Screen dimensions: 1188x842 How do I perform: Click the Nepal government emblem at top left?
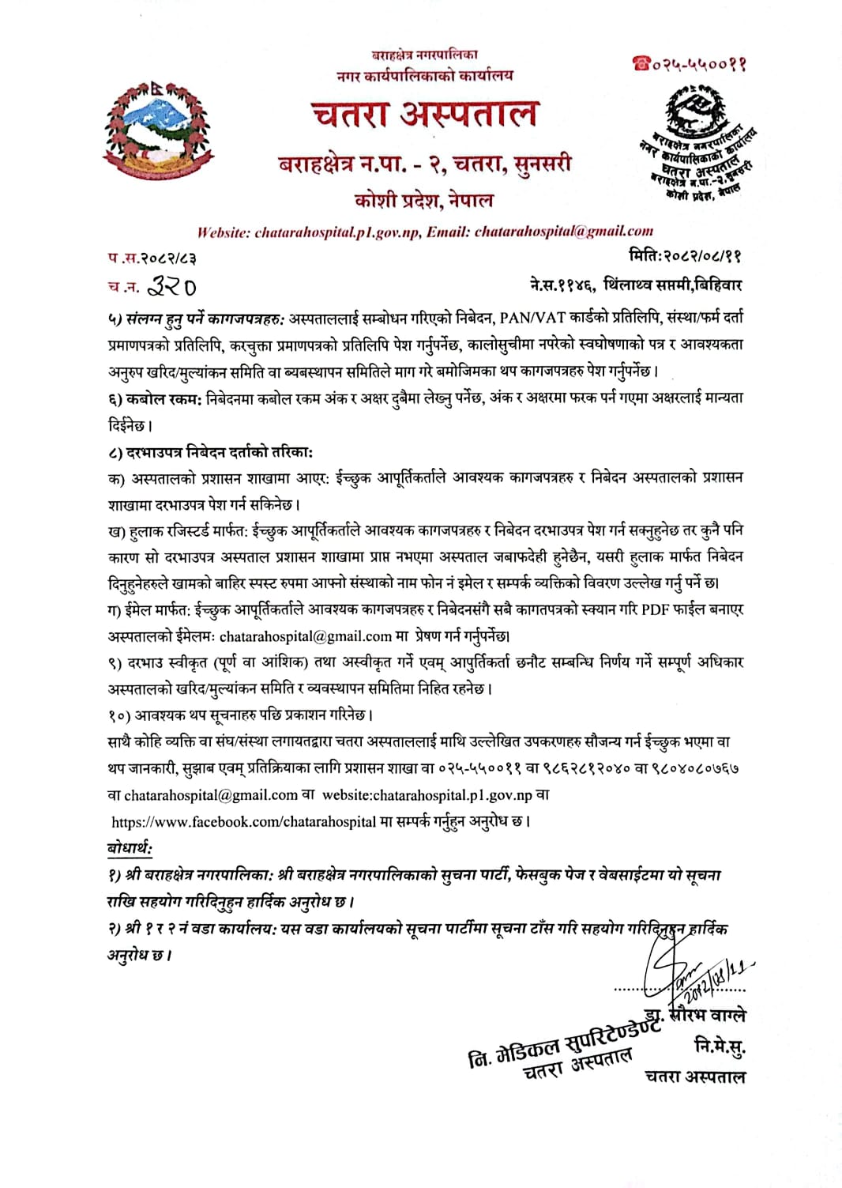(x=160, y=129)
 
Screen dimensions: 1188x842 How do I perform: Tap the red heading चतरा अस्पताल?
(x=424, y=114)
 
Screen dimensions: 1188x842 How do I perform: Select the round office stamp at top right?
(x=699, y=142)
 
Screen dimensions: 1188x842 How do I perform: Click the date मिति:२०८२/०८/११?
(x=685, y=256)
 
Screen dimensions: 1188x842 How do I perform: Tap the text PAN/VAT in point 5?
(x=533, y=318)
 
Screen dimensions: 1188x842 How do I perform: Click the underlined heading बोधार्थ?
(x=130, y=848)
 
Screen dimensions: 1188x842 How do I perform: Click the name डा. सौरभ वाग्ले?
(x=695, y=1016)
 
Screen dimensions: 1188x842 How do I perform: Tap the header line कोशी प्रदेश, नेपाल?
(x=424, y=200)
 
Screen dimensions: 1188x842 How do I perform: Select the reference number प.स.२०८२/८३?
(x=152, y=258)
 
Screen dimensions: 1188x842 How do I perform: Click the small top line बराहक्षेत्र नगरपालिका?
(x=424, y=55)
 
